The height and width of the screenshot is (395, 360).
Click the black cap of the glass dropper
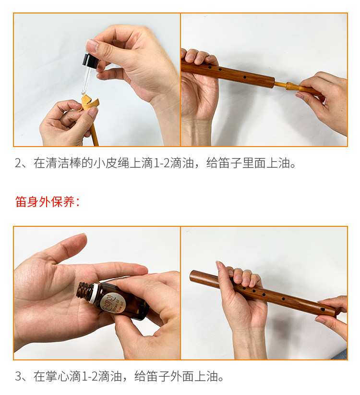coord(91,62)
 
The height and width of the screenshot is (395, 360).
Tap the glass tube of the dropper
coord(86,80)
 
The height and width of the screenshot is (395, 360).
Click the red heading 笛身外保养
coord(47,202)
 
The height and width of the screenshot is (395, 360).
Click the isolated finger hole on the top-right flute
coord(245,77)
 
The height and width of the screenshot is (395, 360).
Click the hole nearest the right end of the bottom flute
coord(323,309)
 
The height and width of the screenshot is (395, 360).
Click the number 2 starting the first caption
coord(18,163)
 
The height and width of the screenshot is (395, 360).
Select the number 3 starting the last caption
coord(18,377)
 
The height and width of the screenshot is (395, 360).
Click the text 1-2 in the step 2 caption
coord(161,163)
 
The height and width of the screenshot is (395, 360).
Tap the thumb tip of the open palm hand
coord(80,239)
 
